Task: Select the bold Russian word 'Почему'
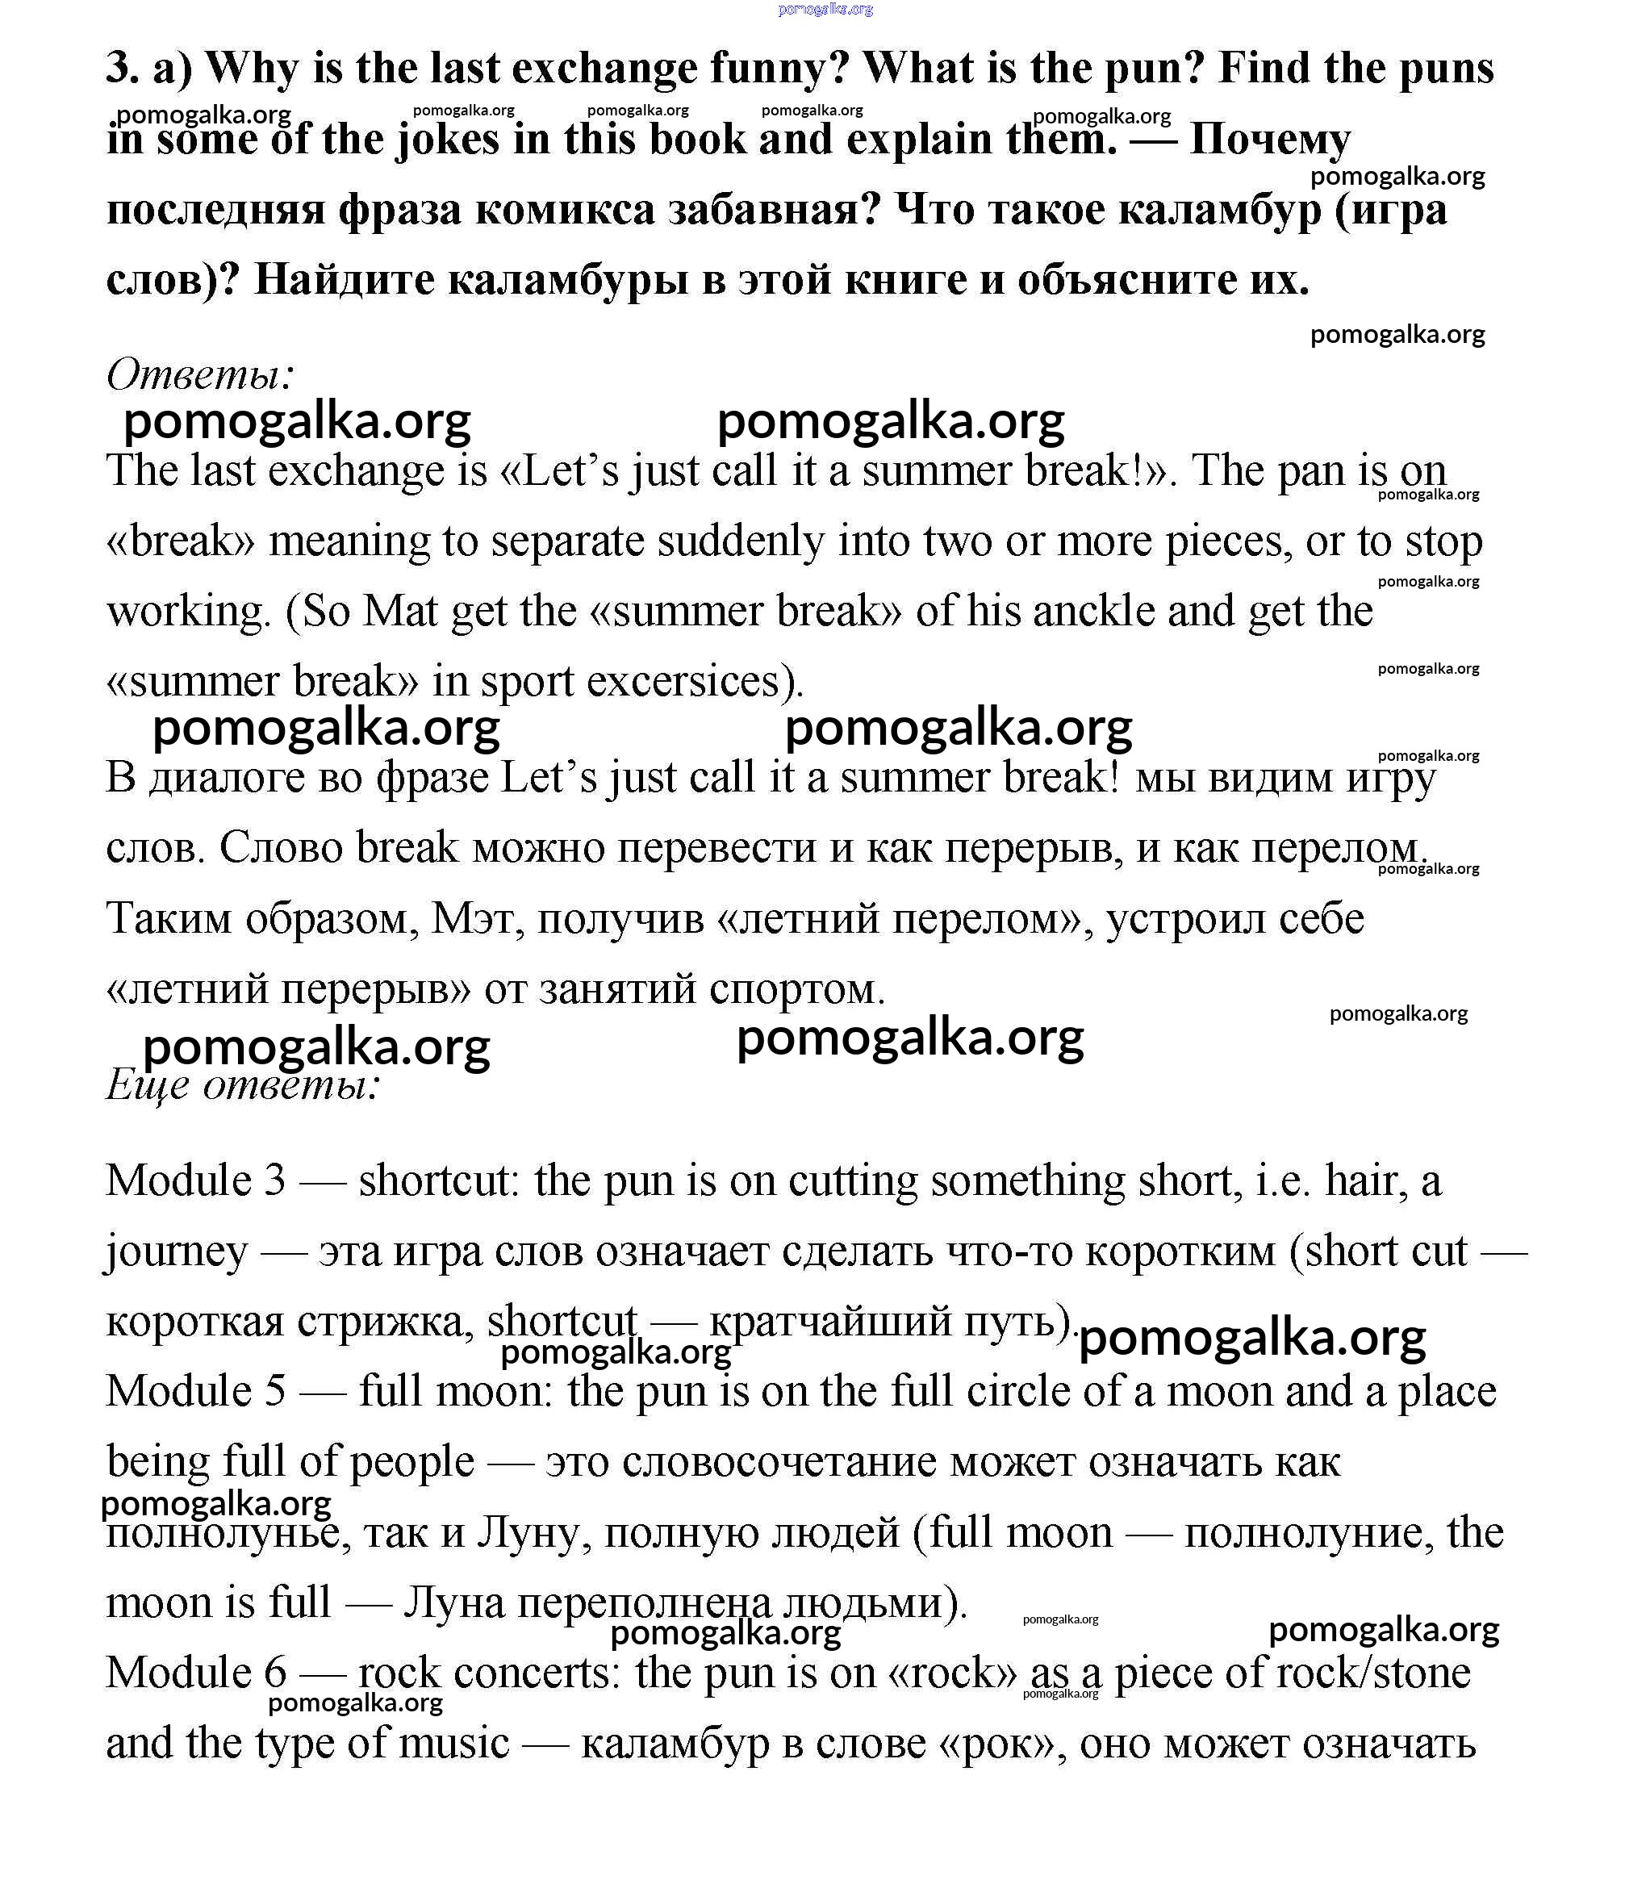[x=1270, y=140]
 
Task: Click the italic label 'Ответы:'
[x=201, y=374]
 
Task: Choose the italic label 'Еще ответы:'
[x=243, y=1084]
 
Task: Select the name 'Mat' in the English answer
[x=399, y=612]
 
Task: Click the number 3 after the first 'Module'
[x=274, y=1181]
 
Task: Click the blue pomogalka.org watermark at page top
[x=825, y=9]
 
